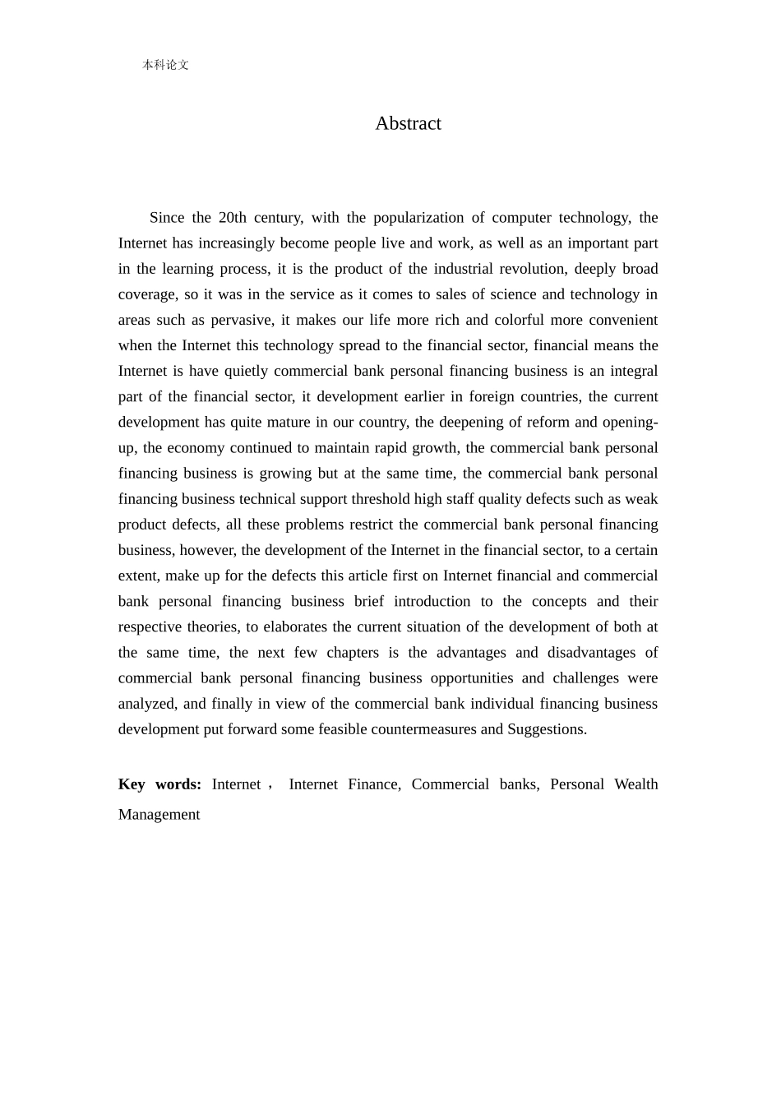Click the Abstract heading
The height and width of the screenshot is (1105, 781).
tap(408, 123)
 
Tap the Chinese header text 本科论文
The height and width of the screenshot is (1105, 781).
tap(165, 65)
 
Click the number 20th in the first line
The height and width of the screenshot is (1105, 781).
tap(232, 218)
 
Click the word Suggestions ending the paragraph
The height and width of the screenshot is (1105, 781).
tap(547, 729)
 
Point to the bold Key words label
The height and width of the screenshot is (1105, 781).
tap(159, 784)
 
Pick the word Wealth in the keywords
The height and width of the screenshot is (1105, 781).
tap(635, 784)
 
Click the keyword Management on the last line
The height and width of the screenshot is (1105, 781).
tap(159, 815)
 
